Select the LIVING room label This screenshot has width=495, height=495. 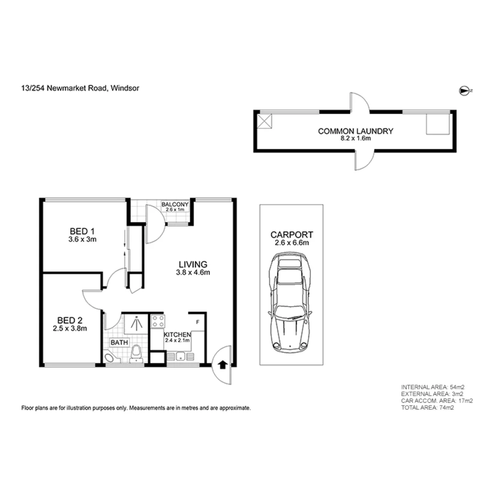(193, 264)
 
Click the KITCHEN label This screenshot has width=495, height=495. (177, 335)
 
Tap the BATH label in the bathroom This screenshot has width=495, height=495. (119, 342)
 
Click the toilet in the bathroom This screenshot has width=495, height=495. (136, 354)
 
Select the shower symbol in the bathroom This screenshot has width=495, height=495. (136, 323)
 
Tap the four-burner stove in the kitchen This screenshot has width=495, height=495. (158, 321)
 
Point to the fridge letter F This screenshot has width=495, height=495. (198, 322)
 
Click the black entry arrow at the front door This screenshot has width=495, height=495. (222, 364)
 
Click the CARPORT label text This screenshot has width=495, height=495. (291, 235)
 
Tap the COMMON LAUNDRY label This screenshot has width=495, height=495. (356, 131)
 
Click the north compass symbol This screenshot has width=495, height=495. (464, 91)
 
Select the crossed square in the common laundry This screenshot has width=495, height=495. (264, 121)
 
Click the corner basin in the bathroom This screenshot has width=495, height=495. (110, 358)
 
